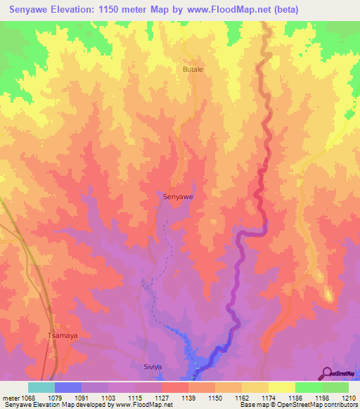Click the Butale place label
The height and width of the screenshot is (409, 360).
(193, 70)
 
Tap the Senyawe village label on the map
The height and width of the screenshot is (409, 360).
(178, 197)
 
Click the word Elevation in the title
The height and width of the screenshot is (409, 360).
(72, 10)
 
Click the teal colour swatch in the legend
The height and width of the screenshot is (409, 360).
(41, 387)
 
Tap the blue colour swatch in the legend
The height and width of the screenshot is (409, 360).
(68, 387)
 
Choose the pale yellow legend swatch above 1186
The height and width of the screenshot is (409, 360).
(282, 387)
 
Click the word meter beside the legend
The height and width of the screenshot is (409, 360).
(11, 397)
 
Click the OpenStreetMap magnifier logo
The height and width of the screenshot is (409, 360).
(325, 373)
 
